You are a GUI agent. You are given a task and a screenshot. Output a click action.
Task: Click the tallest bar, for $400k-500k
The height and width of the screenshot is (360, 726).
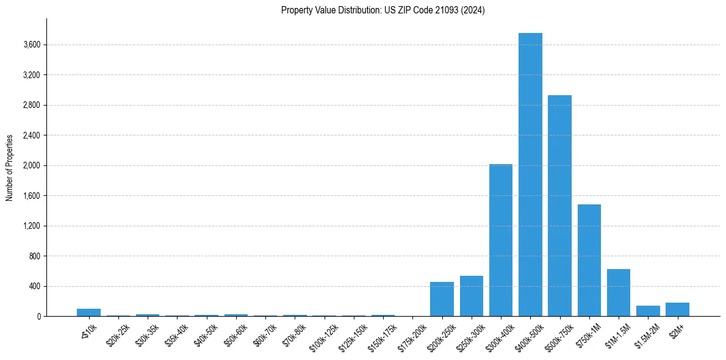(x=530, y=175)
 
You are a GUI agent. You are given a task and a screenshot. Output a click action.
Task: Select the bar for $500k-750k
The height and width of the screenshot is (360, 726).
(x=559, y=206)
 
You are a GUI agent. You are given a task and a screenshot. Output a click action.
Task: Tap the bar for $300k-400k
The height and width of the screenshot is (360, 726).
(x=501, y=240)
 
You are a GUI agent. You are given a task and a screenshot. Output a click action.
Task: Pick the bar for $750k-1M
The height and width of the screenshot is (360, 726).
(x=589, y=261)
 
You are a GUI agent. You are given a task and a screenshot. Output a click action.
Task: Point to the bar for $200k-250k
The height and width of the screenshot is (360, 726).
(x=442, y=299)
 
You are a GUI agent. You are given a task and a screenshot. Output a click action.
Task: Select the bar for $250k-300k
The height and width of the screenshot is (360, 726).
(x=471, y=296)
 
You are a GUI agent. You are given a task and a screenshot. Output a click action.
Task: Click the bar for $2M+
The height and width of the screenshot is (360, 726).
(x=677, y=309)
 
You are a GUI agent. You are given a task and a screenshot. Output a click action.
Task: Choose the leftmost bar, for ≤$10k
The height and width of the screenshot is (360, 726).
(x=88, y=312)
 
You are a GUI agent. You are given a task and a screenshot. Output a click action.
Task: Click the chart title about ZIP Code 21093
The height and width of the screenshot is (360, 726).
(x=383, y=10)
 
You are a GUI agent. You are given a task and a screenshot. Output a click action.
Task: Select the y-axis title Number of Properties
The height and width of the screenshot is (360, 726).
(x=10, y=168)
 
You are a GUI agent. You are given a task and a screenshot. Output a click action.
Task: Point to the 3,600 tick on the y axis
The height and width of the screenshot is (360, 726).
(x=31, y=45)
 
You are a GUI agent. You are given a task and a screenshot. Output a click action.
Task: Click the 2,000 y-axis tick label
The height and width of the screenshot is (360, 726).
(x=31, y=165)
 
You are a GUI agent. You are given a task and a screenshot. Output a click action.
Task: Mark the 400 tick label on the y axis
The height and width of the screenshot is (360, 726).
(x=34, y=286)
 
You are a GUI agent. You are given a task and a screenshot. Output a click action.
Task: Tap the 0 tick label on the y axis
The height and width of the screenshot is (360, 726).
(x=38, y=317)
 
